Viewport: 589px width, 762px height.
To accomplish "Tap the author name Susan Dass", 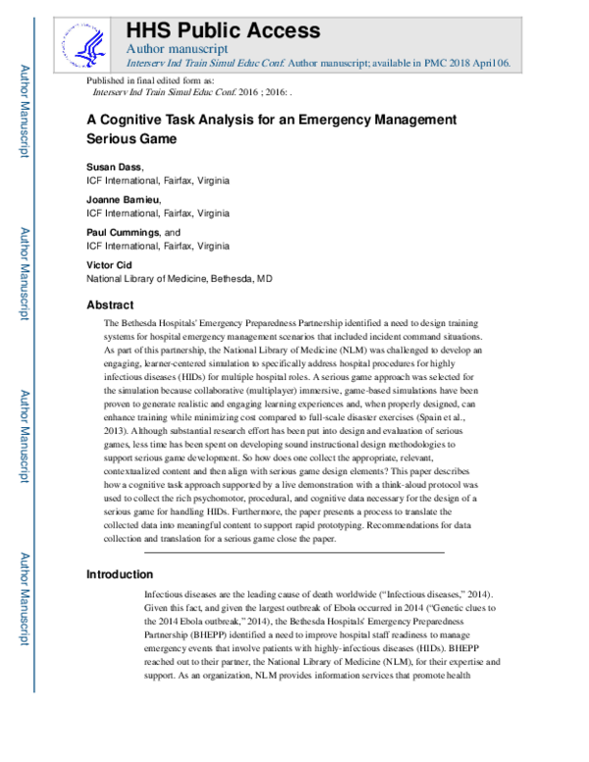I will pos(114,167).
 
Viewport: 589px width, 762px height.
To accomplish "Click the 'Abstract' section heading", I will pos(110,304).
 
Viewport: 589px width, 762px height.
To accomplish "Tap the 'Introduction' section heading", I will pos(121,574).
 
